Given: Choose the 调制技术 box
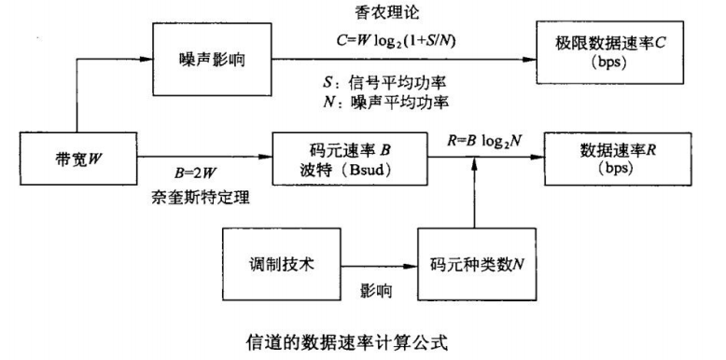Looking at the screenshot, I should point(277,265).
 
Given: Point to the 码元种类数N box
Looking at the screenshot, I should point(475,265).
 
